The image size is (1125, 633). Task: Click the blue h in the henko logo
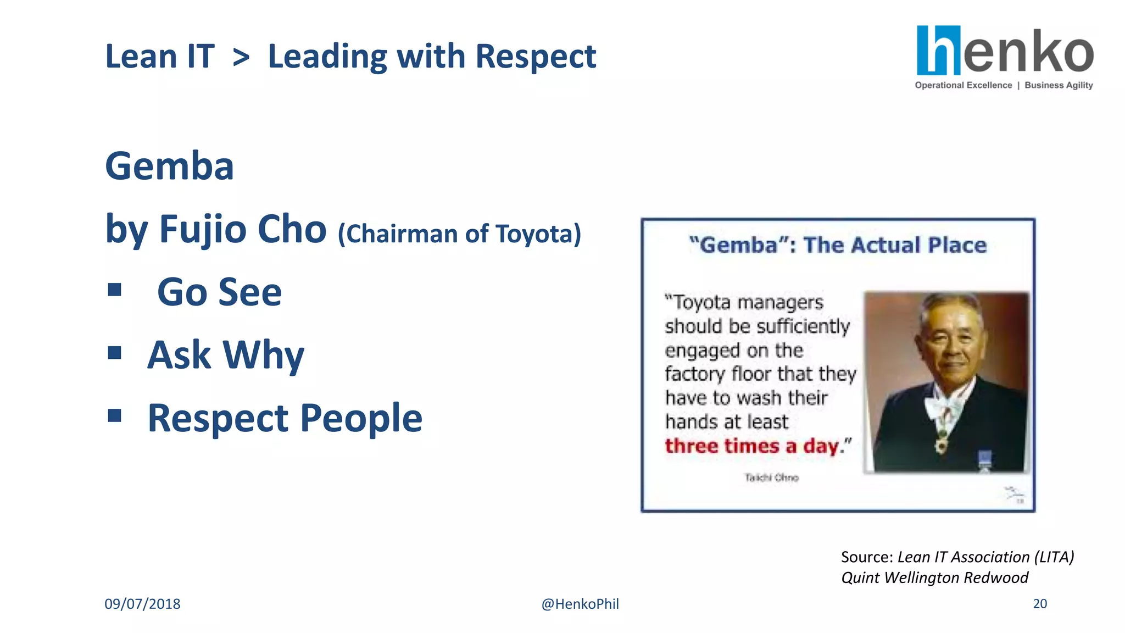[939, 51]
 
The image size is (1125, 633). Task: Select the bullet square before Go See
[114, 290]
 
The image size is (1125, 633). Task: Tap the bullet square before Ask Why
[114, 352]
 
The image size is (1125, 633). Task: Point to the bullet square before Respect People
[114, 415]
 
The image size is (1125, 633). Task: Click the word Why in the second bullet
[263, 355]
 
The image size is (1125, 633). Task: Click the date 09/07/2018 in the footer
[142, 604]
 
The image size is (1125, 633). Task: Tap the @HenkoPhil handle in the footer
[580, 604]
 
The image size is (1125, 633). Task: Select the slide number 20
[1040, 603]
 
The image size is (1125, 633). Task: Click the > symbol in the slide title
[241, 57]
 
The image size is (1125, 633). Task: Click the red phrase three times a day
[752, 446]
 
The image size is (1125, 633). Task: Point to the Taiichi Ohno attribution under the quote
[771, 477]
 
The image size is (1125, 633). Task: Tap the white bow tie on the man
[943, 407]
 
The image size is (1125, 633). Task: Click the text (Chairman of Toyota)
[459, 234]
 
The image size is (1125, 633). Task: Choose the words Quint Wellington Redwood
[934, 578]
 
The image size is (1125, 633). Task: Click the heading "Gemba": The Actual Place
[838, 245]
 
